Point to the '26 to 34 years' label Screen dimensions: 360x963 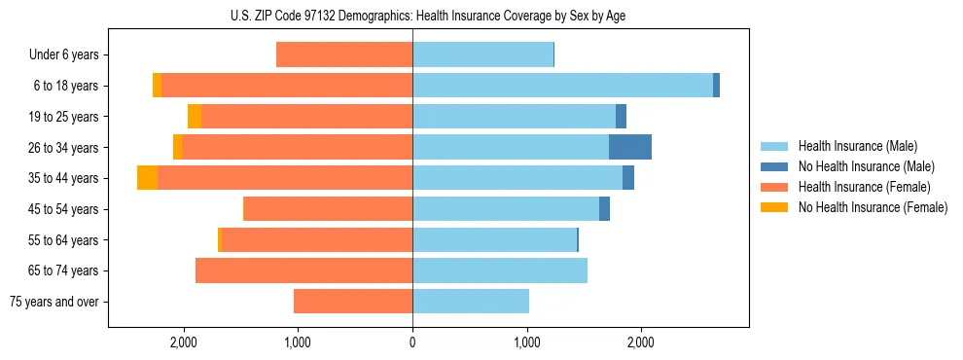(x=65, y=147)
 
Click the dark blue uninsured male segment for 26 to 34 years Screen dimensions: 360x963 (x=630, y=147)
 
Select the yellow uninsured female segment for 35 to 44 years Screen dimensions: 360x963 (x=147, y=178)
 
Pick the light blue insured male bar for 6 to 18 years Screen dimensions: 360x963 (x=562, y=86)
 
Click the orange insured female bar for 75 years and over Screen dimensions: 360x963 (x=353, y=302)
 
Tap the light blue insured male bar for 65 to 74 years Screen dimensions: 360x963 (x=500, y=270)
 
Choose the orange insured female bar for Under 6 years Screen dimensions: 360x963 (x=344, y=54)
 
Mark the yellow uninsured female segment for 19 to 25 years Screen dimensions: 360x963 (x=195, y=117)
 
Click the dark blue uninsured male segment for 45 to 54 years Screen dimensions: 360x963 (x=604, y=209)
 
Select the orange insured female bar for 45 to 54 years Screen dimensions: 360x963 (x=328, y=209)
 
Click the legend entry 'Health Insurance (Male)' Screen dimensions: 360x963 (x=857, y=146)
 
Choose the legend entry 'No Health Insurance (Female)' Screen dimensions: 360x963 (x=872, y=207)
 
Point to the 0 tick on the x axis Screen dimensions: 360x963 (x=412, y=342)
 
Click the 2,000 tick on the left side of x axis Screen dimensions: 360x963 (x=184, y=342)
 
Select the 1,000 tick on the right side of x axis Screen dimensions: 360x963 (x=526, y=342)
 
